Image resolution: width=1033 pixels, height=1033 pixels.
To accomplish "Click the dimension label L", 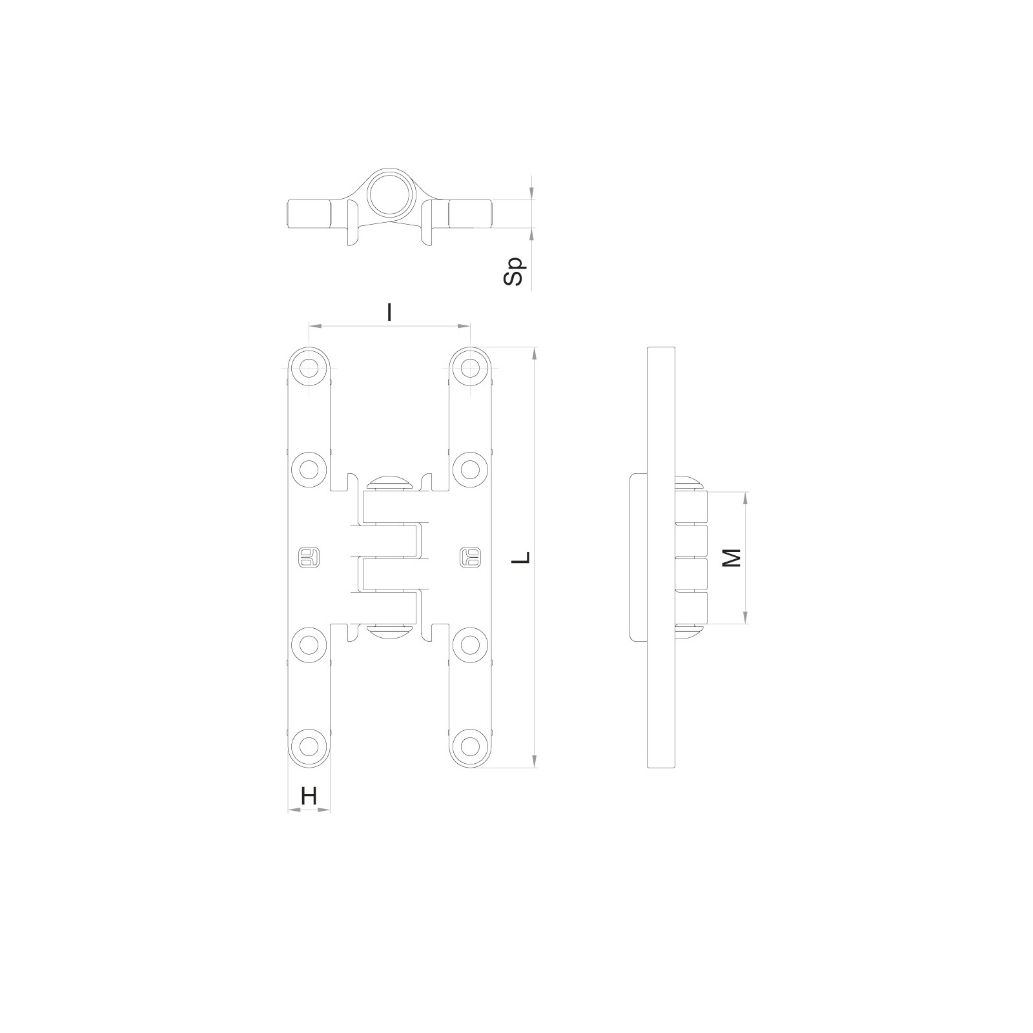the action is coord(524,557).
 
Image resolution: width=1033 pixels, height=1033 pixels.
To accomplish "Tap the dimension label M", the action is coord(731,558).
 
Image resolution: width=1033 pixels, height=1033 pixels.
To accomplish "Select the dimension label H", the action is coord(309,797).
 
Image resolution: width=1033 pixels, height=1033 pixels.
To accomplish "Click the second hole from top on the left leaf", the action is coord(309,466).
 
